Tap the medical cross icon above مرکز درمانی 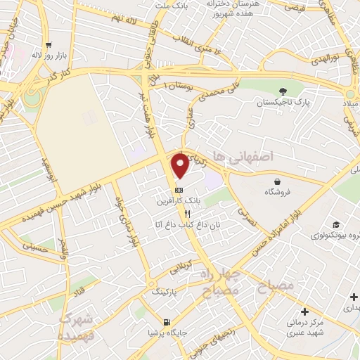(x=304, y=311)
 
